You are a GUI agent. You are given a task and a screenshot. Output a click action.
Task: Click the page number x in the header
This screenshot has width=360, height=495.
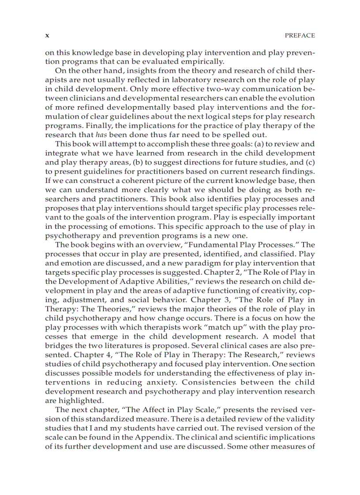pyautogui.click(x=47, y=36)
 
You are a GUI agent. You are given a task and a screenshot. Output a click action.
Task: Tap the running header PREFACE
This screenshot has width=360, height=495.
pyautogui.click(x=300, y=36)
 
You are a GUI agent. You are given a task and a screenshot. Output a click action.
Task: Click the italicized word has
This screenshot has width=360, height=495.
pyautogui.click(x=102, y=134)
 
